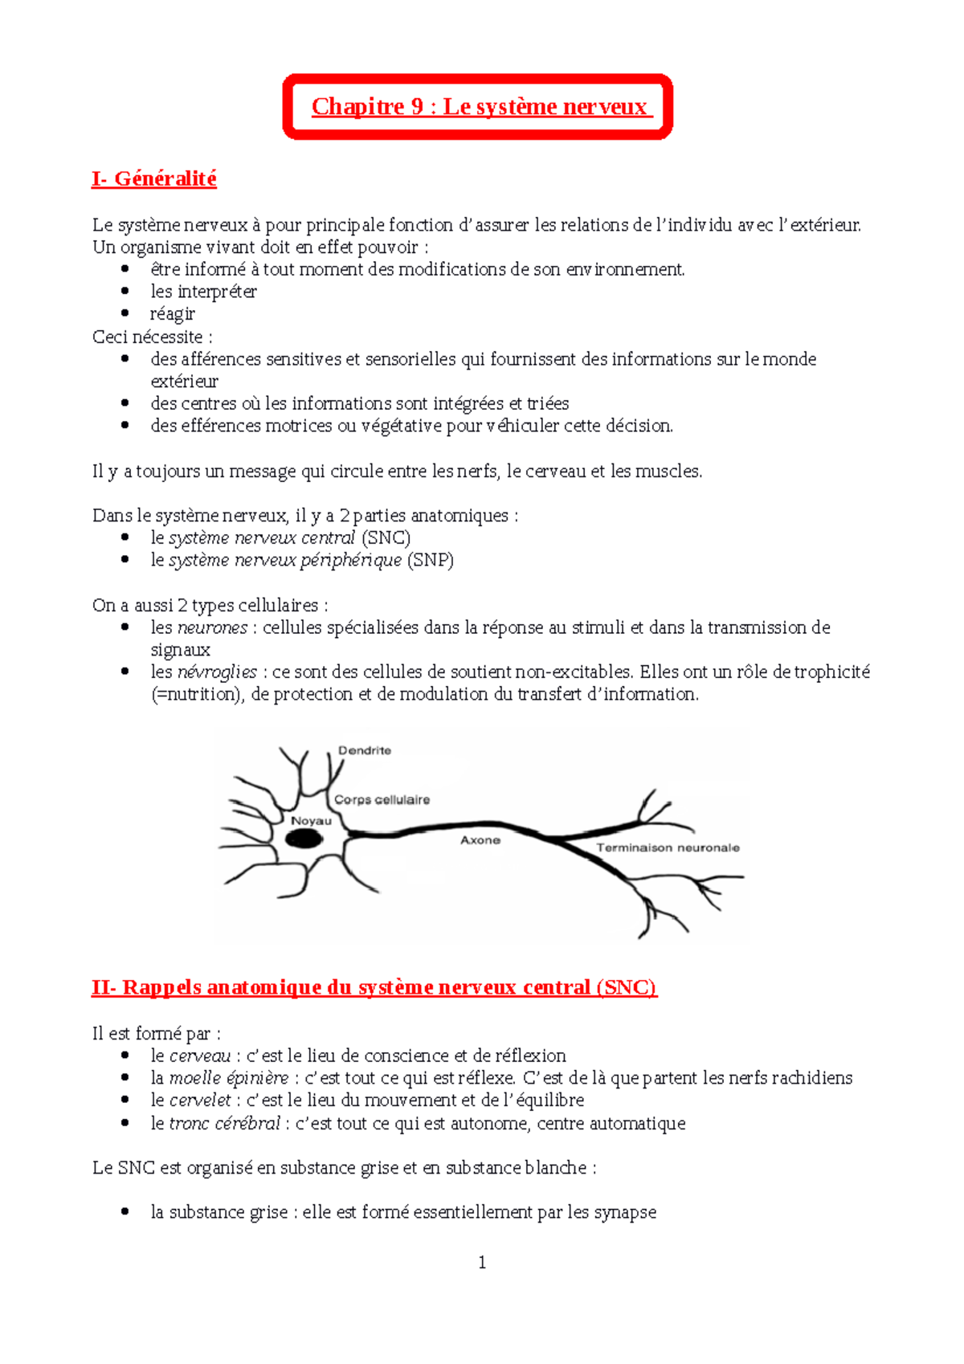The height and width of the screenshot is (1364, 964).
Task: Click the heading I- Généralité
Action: click(154, 178)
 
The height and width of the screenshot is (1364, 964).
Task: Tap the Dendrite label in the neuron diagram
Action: click(364, 750)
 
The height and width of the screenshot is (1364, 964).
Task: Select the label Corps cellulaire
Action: click(382, 799)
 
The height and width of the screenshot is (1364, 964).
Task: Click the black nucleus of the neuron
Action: click(304, 839)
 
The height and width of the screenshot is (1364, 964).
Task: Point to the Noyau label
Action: click(311, 821)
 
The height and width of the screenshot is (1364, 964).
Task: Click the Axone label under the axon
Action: click(480, 840)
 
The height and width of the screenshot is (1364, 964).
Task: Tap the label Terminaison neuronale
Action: click(668, 847)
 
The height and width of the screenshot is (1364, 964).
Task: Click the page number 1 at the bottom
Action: click(482, 1263)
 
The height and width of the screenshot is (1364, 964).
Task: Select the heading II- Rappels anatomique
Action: click(374, 987)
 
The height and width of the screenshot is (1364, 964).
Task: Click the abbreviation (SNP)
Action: click(430, 561)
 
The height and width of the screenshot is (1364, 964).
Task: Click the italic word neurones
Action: click(212, 627)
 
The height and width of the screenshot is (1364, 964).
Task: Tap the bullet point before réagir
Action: click(125, 313)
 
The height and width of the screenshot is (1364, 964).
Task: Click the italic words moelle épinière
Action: click(228, 1078)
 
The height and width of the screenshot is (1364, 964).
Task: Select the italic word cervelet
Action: click(200, 1101)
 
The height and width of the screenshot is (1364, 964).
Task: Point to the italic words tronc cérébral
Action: click(224, 1123)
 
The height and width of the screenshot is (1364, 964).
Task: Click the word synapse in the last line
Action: click(625, 1212)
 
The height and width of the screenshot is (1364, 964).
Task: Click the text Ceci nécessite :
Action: click(153, 337)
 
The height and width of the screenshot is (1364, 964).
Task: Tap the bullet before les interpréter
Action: click(125, 291)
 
